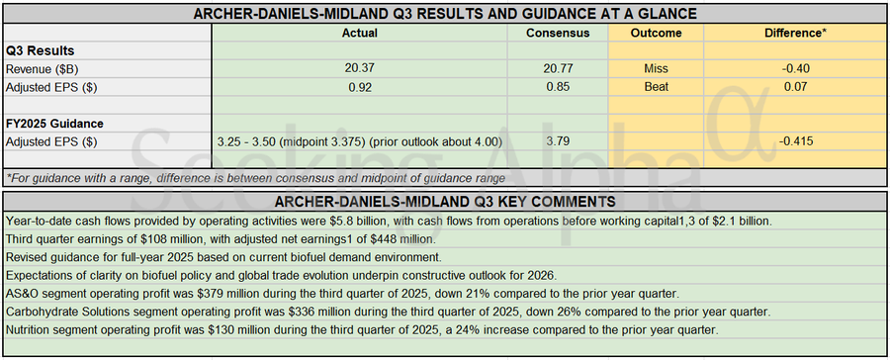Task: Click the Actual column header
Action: (x=358, y=33)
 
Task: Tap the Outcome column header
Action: (x=657, y=33)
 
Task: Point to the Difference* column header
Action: (x=796, y=33)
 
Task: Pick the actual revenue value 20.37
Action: (x=358, y=69)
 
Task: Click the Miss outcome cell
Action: (x=657, y=69)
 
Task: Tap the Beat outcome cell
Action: (x=657, y=87)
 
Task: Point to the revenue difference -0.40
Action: (x=796, y=69)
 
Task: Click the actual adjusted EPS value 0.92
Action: (x=358, y=87)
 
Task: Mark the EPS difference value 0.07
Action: (x=796, y=87)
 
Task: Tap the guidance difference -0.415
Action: (x=796, y=141)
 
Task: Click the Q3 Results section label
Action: (x=41, y=50)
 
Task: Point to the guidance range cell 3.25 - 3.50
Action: (x=358, y=141)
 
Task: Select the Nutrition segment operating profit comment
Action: (x=361, y=329)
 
